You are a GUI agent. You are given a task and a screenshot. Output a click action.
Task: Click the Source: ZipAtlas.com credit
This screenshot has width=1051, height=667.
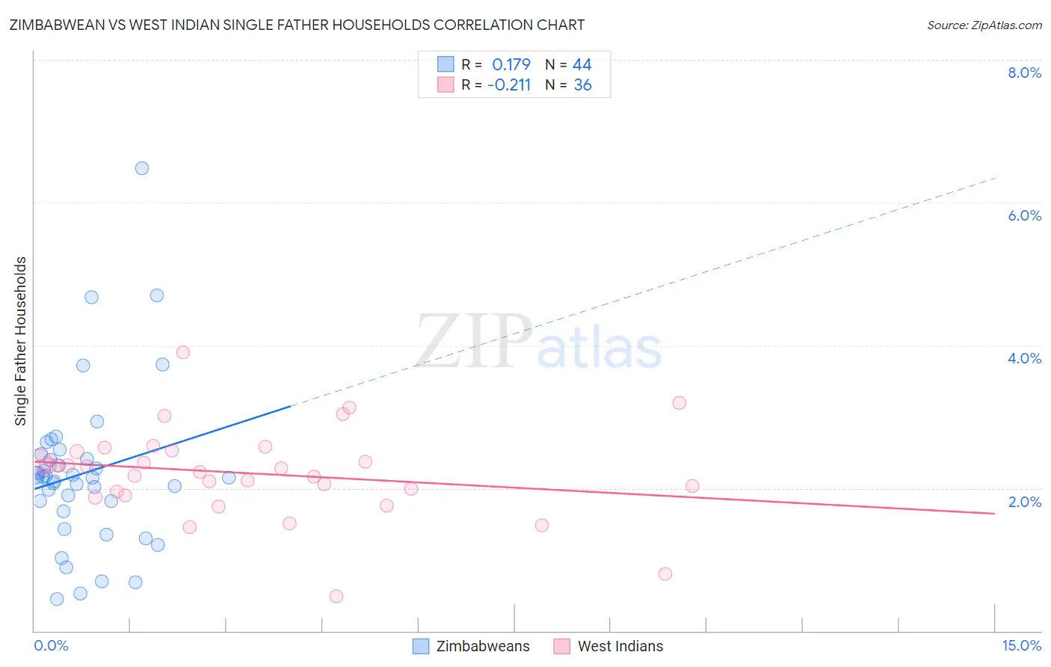pos(984,25)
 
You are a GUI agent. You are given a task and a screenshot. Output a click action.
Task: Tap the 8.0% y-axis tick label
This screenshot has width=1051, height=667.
pos(1024,73)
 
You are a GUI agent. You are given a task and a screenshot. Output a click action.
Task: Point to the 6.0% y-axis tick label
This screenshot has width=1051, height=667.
pos(1024,215)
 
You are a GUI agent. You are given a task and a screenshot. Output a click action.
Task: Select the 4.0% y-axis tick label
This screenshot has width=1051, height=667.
pos(1024,358)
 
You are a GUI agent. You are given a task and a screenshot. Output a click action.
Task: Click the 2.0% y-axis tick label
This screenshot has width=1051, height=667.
pos(1024,502)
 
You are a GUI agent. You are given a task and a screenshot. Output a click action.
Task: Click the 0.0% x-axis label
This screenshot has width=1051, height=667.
pos(51,645)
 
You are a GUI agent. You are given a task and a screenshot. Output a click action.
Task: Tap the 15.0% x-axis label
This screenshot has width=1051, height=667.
pos(1021,645)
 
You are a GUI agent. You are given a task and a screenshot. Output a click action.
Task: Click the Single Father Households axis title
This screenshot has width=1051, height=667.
pos(20,341)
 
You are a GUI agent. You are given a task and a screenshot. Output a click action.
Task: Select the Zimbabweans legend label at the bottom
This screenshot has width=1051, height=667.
pos(482,646)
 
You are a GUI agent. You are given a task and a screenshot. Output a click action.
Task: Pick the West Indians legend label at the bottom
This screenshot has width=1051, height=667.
pos(620,646)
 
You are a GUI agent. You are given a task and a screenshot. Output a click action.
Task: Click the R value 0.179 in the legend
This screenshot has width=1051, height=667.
pos(511,64)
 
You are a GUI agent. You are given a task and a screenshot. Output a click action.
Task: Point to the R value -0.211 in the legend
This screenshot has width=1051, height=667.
pos(509,85)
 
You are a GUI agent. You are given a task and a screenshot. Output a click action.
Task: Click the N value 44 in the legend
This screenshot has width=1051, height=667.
pos(582,64)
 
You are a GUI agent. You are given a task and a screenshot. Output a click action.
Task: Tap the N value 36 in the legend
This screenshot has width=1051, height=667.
pos(582,85)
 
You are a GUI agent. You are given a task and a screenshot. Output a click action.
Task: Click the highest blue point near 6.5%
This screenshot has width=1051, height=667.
pos(142,168)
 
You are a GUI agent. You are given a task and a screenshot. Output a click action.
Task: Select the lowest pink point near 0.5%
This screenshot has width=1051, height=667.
pos(336,596)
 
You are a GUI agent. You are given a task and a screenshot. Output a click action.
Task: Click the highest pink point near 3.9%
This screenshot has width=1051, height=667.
pos(183,352)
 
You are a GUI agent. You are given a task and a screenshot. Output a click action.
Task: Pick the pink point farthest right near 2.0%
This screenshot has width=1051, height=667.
pos(692,486)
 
